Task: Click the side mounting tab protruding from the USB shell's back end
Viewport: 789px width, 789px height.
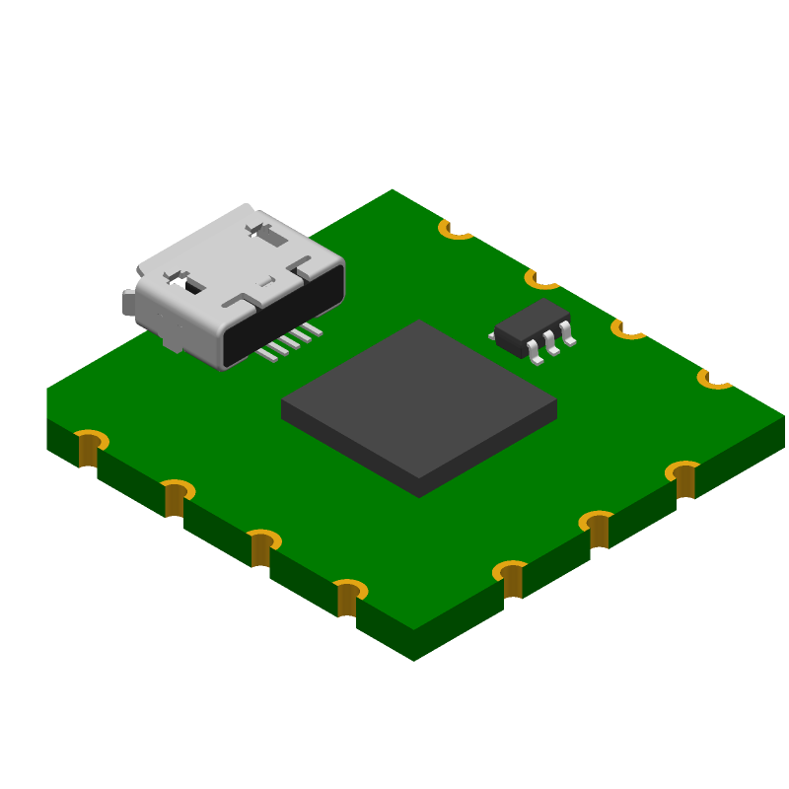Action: (x=128, y=303)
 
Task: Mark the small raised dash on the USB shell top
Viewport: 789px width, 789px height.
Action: (x=265, y=281)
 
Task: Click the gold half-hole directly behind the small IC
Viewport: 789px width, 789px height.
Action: (x=542, y=280)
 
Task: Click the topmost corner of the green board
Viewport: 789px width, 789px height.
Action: (x=393, y=190)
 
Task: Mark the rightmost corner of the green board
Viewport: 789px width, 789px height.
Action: (x=783, y=416)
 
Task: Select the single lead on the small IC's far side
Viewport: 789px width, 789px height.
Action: (x=492, y=336)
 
